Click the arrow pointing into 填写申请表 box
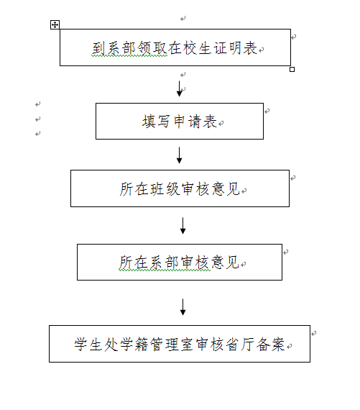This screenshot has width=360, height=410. pyautogui.click(x=179, y=88)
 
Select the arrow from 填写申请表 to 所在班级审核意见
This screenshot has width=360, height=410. pyautogui.click(x=179, y=155)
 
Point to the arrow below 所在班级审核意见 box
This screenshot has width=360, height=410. pyautogui.click(x=183, y=226)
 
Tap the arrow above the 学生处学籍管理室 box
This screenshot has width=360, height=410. pyautogui.click(x=183, y=307)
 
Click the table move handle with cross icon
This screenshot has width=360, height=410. pyautogui.click(x=55, y=25)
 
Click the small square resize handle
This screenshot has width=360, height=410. pyautogui.click(x=292, y=69)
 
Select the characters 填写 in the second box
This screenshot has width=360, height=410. pyautogui.click(x=156, y=122)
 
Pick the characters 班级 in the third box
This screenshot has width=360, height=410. pyautogui.click(x=165, y=188)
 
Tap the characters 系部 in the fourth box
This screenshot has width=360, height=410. pyautogui.click(x=164, y=263)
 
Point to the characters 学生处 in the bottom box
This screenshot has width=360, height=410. pyautogui.click(x=96, y=344)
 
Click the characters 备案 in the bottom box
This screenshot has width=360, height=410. pyautogui.click(x=270, y=344)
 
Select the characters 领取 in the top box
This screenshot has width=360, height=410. pyautogui.click(x=152, y=48)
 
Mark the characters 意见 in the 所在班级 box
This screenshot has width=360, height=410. pyautogui.click(x=226, y=188)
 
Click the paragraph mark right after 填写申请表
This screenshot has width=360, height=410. pyautogui.click(x=221, y=123)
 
